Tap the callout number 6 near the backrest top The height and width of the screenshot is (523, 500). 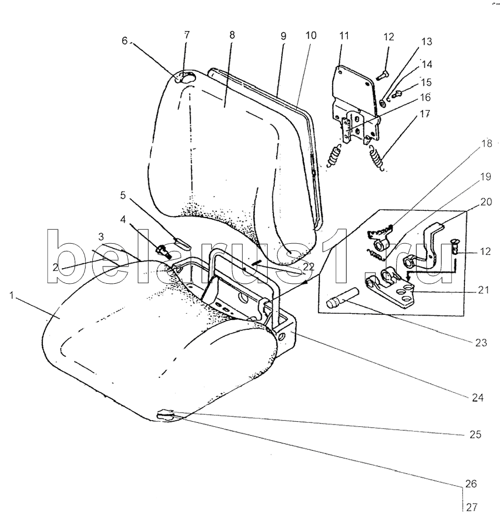124,41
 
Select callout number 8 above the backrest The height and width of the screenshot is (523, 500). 232,34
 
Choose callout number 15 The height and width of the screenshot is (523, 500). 426,82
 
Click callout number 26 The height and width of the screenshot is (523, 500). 470,484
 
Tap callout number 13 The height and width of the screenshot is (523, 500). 427,42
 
